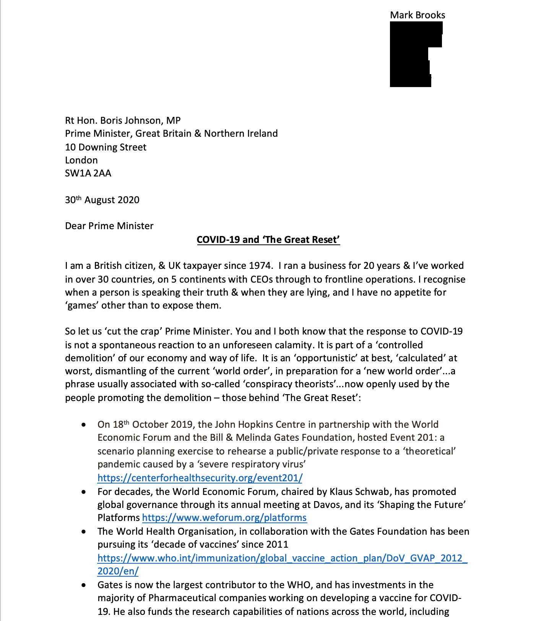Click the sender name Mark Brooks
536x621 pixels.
[x=417, y=15]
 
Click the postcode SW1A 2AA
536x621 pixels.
[x=88, y=173]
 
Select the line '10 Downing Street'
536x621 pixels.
[x=106, y=147]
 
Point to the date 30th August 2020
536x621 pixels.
[x=102, y=200]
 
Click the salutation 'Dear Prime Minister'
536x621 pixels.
[x=109, y=226]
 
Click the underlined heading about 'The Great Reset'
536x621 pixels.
[x=268, y=239]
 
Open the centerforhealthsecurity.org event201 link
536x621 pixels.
[x=200, y=478]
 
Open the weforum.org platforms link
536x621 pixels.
[x=224, y=518]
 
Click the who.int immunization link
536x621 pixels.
[x=282, y=558]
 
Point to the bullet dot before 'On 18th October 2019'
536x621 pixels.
[x=84, y=425]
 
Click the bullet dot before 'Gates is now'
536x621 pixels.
[x=84, y=585]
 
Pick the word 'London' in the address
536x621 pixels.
[x=81, y=160]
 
